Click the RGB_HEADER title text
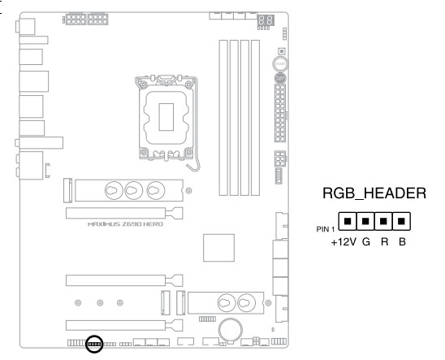(374, 194)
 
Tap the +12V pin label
(343, 242)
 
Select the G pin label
(366, 242)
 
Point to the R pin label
(385, 242)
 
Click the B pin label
(402, 242)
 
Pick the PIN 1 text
(326, 229)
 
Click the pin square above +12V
(348, 221)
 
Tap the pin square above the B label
(401, 221)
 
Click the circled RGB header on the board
(94, 344)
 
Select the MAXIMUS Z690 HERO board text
(125, 224)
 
